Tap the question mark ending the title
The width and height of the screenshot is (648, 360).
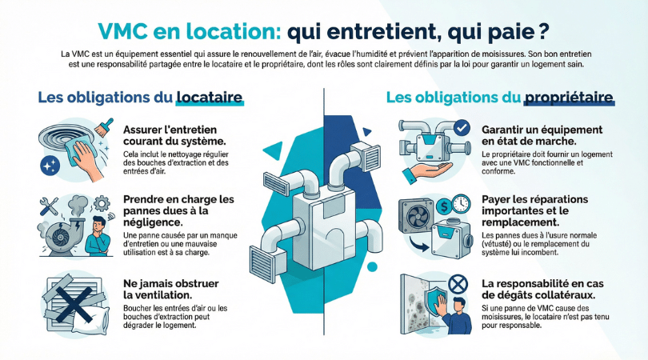pos(544,31)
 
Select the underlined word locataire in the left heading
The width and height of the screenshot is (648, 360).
pos(209,97)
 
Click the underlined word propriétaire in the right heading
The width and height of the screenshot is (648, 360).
pos(569,97)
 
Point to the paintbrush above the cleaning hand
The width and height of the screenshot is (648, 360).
pos(104,127)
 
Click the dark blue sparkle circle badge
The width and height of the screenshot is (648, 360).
pos(50,166)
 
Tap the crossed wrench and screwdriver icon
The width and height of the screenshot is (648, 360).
pos(49,206)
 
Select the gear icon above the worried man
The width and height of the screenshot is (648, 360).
pos(101,203)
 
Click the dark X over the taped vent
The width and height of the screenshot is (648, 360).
pos(74,305)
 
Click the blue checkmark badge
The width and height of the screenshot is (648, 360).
pos(462,128)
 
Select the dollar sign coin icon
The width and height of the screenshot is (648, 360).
pos(444,206)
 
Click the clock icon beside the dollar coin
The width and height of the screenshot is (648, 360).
pos(460,204)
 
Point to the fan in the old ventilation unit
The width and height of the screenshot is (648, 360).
pos(416,217)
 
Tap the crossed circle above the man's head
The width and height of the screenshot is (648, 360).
pos(458,285)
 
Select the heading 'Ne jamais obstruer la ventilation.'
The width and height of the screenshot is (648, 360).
pos(171,290)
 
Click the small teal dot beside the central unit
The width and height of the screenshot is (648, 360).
pos(372,266)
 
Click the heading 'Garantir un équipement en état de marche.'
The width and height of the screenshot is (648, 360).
pos(542,135)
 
